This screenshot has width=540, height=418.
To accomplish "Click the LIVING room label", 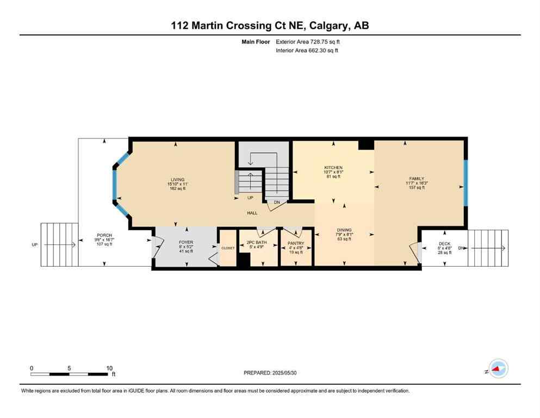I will [x=177, y=180].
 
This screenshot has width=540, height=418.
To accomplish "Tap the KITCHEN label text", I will [x=332, y=168].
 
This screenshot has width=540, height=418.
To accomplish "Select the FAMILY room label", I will [x=417, y=179].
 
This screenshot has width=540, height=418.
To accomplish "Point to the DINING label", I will [x=344, y=230].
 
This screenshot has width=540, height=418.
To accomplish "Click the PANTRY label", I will [x=296, y=243].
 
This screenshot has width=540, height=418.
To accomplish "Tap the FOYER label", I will [x=186, y=242].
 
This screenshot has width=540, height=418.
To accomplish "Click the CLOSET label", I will [x=228, y=248].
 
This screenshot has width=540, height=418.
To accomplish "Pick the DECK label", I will [x=445, y=244].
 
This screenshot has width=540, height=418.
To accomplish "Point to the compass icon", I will [x=498, y=368].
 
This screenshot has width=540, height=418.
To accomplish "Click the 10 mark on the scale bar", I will [x=109, y=368].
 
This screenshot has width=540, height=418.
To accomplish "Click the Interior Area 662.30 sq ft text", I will [x=308, y=51].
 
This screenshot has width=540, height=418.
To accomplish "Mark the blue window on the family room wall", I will [x=465, y=183].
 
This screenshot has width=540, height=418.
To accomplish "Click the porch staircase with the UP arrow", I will [x=59, y=245].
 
